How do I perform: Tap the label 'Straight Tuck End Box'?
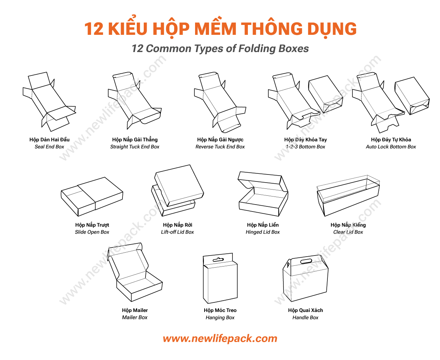click(x=135, y=147)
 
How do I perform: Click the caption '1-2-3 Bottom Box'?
click(x=305, y=147)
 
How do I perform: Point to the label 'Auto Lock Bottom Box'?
click(x=391, y=147)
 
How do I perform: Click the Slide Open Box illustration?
click(x=92, y=196)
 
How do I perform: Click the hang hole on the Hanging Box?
click(x=218, y=260)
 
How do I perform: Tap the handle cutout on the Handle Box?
click(x=306, y=261)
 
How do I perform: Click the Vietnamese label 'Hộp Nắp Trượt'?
click(x=92, y=225)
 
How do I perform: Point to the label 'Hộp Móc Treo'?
click(x=220, y=310)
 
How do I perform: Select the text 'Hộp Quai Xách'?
click(x=305, y=310)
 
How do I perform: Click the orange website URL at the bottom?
click(x=220, y=338)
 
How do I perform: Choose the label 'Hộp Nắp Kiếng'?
click(x=348, y=225)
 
